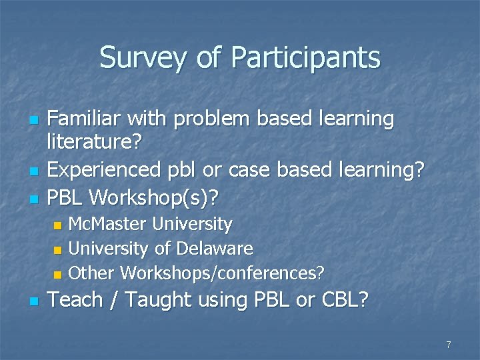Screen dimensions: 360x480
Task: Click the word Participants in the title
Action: click(305, 58)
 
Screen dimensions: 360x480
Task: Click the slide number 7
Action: click(449, 345)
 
